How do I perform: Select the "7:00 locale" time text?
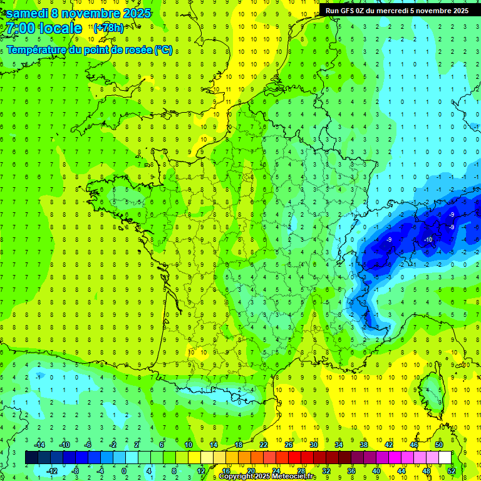[x=43, y=28]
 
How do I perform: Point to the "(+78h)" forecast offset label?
[x=108, y=28]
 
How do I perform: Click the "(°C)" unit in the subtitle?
[x=163, y=49]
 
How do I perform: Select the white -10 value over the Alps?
[x=428, y=240]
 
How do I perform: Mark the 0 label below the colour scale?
[x=124, y=471]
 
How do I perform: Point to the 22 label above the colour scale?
[x=264, y=445]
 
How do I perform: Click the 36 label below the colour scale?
[x=351, y=471]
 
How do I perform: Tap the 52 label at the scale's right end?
[x=452, y=471]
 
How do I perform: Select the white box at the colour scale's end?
[x=445, y=458]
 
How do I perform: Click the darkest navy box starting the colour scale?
[x=31, y=458]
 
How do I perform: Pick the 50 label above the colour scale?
[x=439, y=445]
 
